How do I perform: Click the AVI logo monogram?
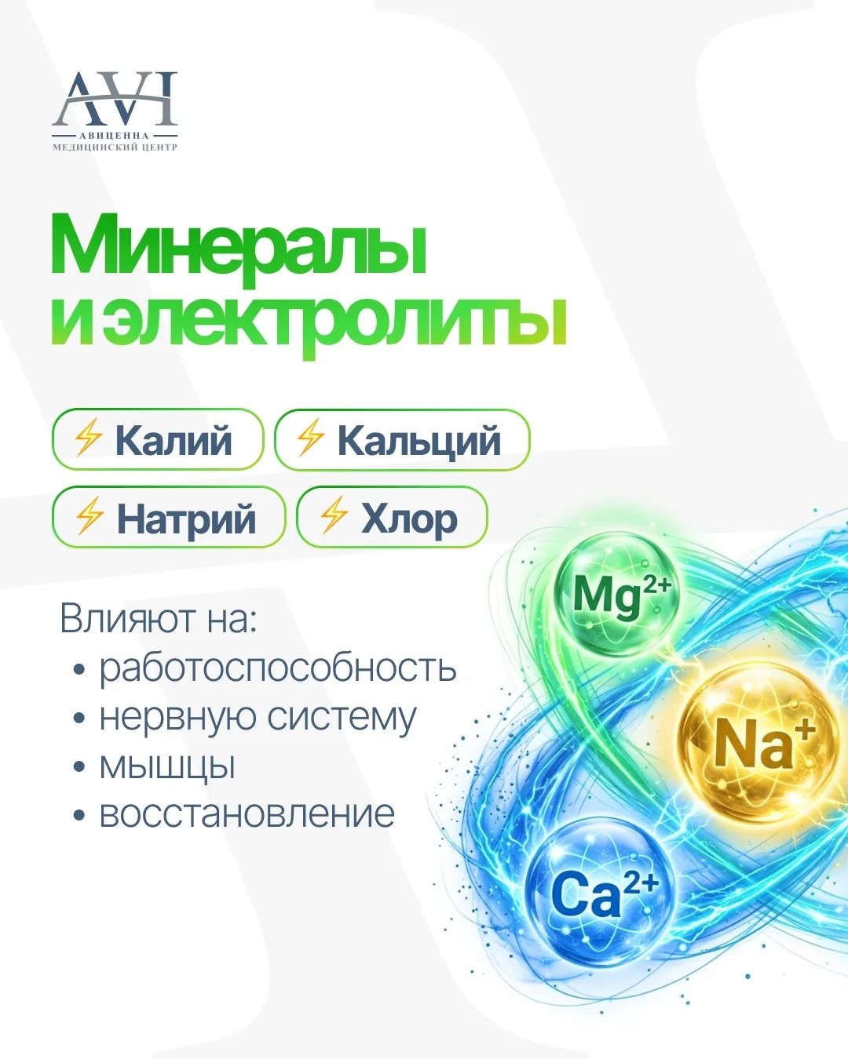(115, 100)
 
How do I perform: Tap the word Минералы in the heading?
(239, 245)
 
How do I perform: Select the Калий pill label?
(157, 439)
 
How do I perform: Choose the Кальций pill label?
(402, 439)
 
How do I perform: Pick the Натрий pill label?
(169, 517)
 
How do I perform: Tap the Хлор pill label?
(392, 517)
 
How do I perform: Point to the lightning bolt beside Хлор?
(333, 515)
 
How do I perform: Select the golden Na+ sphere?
(759, 743)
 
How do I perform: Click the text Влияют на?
(159, 620)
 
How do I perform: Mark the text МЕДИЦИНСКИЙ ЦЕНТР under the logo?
(115, 147)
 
